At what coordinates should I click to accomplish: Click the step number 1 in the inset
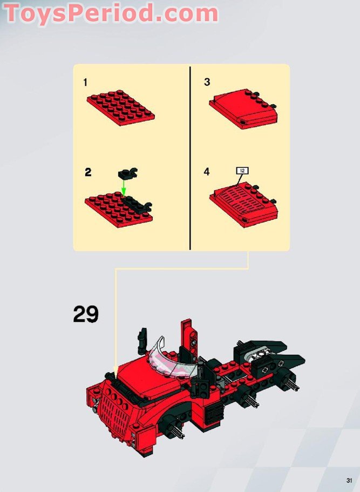[85, 83]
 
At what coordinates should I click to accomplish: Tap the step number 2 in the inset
[88, 173]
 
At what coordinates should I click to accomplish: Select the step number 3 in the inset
[207, 83]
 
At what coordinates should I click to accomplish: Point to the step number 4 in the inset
[207, 172]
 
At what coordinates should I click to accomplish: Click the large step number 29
[86, 314]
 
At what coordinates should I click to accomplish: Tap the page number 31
[349, 480]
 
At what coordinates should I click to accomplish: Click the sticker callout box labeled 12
[242, 171]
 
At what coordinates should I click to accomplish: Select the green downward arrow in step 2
[123, 187]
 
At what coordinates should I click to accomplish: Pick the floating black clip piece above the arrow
[127, 173]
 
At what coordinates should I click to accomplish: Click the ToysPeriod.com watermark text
[111, 13]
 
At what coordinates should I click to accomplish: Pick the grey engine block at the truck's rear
[258, 355]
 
